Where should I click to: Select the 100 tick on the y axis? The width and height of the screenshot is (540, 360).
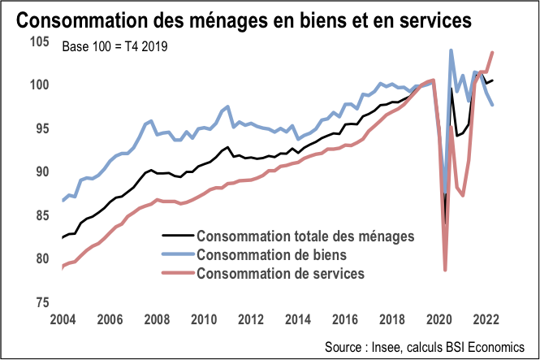[x=41, y=85]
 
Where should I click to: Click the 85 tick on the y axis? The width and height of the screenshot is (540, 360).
[x=44, y=215]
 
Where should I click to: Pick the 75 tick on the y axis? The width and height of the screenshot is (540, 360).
[x=44, y=302]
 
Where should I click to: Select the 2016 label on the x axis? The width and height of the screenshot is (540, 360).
[x=345, y=319]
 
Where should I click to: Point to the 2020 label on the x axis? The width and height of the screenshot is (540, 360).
[x=438, y=319]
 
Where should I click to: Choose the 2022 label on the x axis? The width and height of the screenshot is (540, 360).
[x=486, y=319]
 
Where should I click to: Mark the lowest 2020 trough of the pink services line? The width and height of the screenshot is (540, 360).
[x=446, y=270]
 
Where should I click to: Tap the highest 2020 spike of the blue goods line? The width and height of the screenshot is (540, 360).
[x=451, y=51]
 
